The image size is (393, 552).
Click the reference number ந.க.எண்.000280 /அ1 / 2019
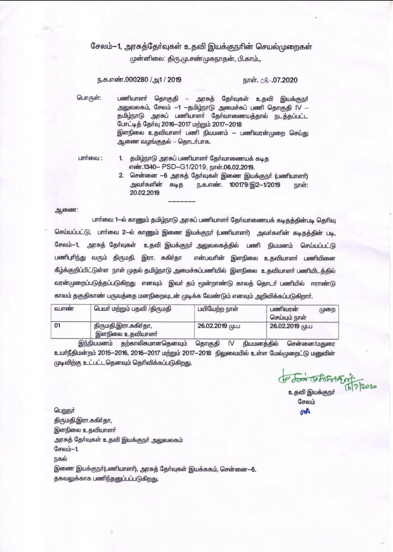click(x=139, y=80)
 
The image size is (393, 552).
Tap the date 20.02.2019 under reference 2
click(x=144, y=193)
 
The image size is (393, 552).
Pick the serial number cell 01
click(x=57, y=326)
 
